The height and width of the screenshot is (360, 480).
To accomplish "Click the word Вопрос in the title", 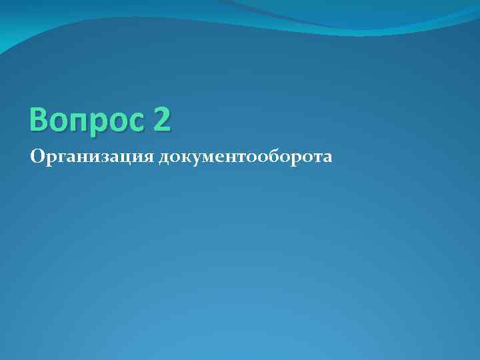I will (x=85, y=120).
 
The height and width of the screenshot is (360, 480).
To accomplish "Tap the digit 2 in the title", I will (x=161, y=119).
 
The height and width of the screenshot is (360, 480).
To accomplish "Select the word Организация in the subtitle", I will (x=92, y=157).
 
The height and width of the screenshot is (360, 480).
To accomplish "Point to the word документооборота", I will (x=245, y=157).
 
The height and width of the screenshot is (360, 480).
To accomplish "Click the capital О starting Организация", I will (x=37, y=157).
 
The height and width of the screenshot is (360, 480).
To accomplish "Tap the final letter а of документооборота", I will (x=326, y=158).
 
